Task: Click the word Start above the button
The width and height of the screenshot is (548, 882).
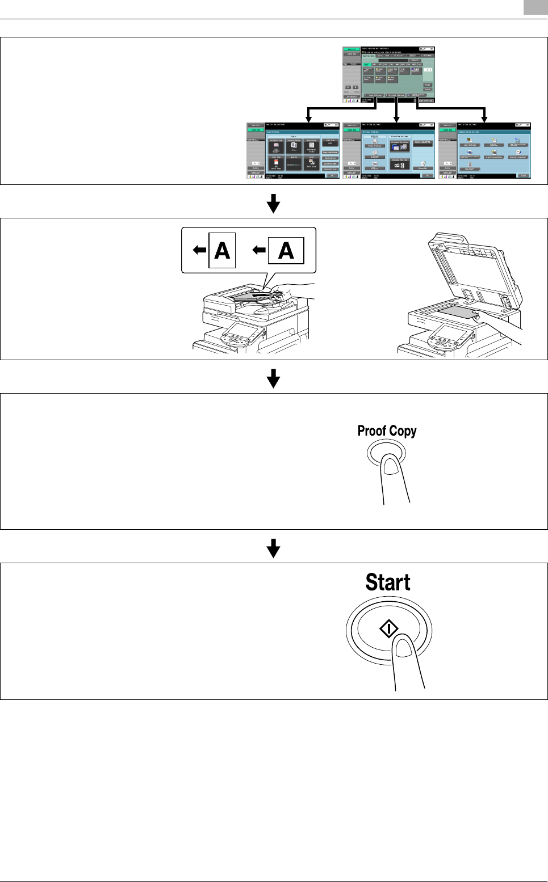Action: pos(388,583)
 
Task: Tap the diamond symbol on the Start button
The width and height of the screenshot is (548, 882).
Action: pos(389,628)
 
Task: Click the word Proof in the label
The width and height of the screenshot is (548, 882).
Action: pos(371,431)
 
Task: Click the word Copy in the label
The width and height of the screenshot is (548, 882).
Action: pos(403,431)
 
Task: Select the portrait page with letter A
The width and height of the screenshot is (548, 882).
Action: pos(221,250)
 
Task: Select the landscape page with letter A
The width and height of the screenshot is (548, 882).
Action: pos(286,250)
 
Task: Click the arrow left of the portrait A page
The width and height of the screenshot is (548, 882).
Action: pos(199,250)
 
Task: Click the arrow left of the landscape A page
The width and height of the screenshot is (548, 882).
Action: pos(259,250)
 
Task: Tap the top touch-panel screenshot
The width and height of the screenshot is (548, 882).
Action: pos(388,74)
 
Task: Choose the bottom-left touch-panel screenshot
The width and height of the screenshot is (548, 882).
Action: pos(292,150)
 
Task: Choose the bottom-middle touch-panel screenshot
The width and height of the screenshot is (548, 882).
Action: pos(389,150)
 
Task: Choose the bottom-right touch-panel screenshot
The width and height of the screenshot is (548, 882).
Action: pos(484,150)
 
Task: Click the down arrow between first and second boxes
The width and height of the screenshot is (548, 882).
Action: pos(274,203)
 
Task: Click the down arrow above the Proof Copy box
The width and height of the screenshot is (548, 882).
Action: pos(274,378)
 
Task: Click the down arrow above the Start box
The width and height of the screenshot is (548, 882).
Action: pos(274,548)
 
